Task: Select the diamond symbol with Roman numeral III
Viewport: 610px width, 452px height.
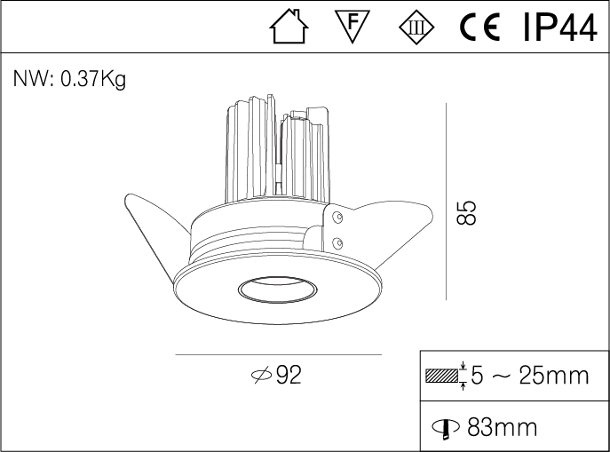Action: [x=417, y=28]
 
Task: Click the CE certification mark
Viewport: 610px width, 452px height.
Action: [x=481, y=28]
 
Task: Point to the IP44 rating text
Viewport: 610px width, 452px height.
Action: [x=559, y=28]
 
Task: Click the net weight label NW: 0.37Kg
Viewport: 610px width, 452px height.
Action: [x=69, y=80]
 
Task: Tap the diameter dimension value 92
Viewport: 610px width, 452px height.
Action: [x=289, y=376]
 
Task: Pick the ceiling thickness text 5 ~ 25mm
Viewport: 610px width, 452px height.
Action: [x=529, y=376]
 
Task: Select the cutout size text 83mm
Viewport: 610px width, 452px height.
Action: [x=502, y=427]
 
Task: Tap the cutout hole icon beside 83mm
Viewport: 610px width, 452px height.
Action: [x=443, y=428]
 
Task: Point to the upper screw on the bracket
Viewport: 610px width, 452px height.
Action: [x=337, y=216]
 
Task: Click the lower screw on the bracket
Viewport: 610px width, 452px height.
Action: [x=337, y=242]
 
